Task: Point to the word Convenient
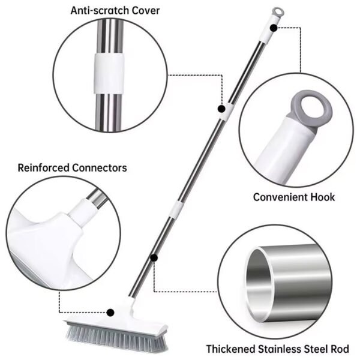tap(282, 197)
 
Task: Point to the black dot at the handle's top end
tap(273, 27)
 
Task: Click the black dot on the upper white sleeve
tap(221, 110)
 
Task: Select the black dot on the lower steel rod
tap(154, 257)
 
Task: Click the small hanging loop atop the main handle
tap(276, 11)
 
